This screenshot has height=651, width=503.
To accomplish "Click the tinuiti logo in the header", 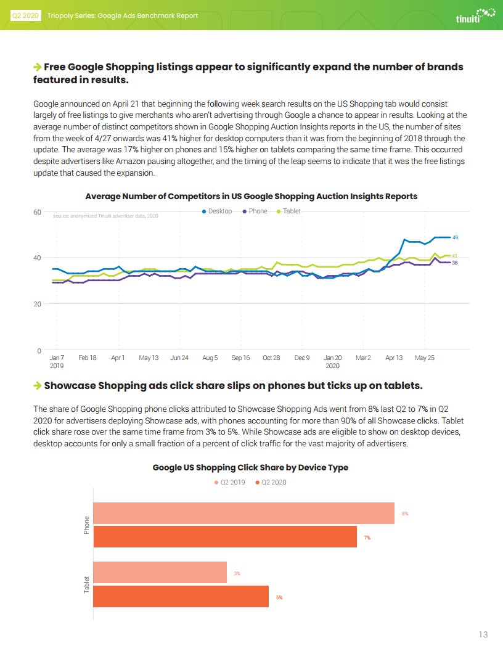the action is coord(476,15).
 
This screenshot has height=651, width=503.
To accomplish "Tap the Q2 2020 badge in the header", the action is coord(25,16).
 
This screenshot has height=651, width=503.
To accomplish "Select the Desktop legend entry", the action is coord(217,211).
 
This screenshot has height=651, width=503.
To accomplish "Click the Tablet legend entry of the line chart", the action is coord(289,211).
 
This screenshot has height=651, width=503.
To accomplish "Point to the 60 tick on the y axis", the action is coord(38,212).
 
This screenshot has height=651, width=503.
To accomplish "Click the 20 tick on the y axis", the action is coord(38,304).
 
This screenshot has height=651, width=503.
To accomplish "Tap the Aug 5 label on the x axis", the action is coord(210,358).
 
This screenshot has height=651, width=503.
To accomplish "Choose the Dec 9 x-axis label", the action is coord(301,358).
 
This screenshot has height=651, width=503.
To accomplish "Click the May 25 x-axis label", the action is coord(425,358).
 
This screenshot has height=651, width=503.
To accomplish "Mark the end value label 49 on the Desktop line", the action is coord(456,237).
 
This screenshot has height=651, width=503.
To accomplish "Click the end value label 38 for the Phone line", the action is coord(455,263).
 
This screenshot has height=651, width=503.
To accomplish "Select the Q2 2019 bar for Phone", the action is coord(244,513).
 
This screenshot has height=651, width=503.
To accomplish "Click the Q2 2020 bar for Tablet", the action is coord(181,596).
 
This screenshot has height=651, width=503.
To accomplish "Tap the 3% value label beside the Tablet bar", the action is coord(237,573).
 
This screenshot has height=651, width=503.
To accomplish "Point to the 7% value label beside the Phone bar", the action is coord(367,538).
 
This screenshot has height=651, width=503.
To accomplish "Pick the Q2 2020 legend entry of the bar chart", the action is coord(271,483).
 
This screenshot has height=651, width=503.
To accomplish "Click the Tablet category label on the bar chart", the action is coord(86,584).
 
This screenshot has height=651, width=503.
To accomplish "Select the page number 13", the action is coord(483,634).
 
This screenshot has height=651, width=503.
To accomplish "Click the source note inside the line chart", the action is coord(106,216).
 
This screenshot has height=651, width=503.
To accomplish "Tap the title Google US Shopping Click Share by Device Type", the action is coord(250,467).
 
